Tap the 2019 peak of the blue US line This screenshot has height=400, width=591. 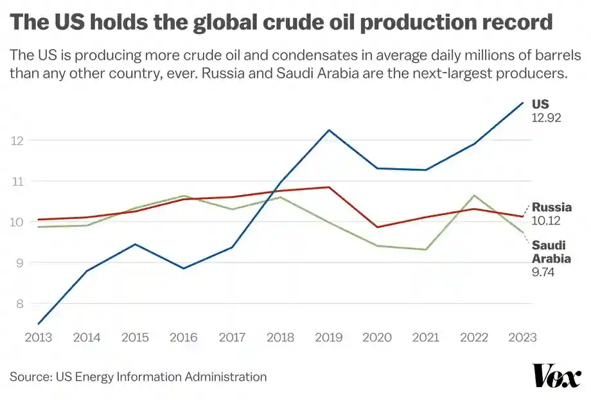329,130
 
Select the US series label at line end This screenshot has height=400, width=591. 540,104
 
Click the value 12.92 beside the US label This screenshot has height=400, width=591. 547,118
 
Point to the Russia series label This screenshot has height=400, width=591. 551,207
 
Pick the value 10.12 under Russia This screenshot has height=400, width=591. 547,221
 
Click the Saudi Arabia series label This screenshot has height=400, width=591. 551,251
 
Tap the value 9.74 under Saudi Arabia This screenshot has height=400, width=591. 543,272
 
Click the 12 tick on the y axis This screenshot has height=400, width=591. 17,141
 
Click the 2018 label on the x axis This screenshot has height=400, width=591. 280,336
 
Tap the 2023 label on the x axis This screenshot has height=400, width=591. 522,336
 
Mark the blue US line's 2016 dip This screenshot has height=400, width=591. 183,268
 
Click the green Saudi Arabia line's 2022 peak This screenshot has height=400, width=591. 474,195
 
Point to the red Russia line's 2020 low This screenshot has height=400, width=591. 377,227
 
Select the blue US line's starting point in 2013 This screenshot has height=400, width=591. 38,324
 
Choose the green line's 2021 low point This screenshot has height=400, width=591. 426,250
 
